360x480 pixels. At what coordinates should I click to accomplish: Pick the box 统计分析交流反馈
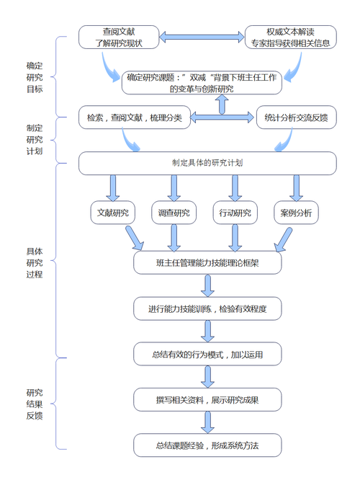tap(296, 117)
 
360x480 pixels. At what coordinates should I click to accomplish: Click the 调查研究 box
tap(174, 213)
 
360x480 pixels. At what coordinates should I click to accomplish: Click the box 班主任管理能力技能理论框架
tap(207, 263)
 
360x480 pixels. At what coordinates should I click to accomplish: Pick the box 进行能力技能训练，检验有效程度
tap(207, 308)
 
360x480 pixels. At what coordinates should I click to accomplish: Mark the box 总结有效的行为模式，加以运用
tap(207, 355)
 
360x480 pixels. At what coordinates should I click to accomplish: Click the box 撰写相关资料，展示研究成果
tap(207, 399)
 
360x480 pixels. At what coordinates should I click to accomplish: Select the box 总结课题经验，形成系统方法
tap(207, 445)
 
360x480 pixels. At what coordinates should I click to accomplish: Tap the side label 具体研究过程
tap(35, 262)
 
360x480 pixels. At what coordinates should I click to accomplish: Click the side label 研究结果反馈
tap(35, 404)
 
